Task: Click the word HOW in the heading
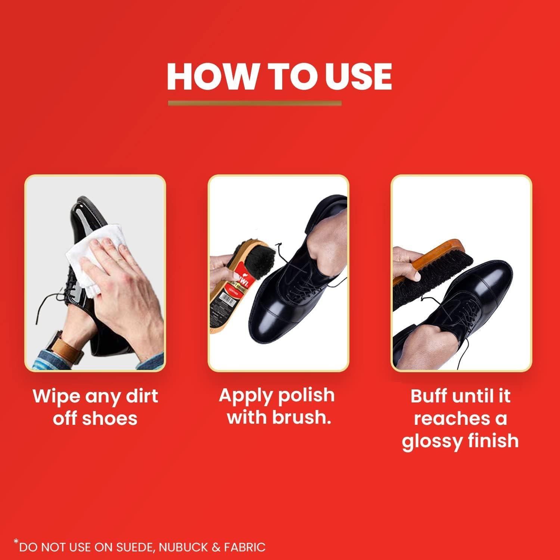(x=209, y=77)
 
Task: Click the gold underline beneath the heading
(x=255, y=103)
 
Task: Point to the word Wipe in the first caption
(x=56, y=396)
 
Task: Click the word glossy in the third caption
(x=427, y=441)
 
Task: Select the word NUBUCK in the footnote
(x=181, y=547)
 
